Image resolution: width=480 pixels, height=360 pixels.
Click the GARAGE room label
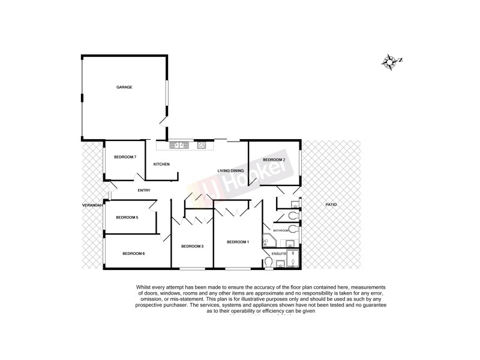pos(124,87)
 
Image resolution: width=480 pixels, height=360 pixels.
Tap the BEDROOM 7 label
pos(125,157)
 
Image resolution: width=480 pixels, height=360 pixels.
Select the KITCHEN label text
pos(161,164)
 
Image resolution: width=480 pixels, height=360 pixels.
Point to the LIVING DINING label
pos(231,170)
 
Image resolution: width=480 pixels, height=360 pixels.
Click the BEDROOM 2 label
pos(274,160)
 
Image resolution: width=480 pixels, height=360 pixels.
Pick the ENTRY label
pos(144,191)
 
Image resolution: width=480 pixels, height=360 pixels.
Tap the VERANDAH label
pos(92,206)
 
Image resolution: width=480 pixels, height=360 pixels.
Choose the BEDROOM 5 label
pos(127,217)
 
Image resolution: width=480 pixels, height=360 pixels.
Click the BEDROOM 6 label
pos(133,254)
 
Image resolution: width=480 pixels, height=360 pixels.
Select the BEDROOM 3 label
pos(193,247)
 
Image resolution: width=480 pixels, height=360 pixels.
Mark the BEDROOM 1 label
pos(238,242)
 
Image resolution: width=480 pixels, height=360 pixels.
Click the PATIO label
pos(331,205)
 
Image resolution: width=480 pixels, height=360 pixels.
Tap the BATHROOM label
pos(281,230)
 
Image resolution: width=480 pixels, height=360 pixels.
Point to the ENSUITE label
pos(279,254)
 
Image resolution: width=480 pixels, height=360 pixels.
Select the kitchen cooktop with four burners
pos(201,144)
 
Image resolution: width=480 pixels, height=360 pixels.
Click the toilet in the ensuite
pos(268,262)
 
